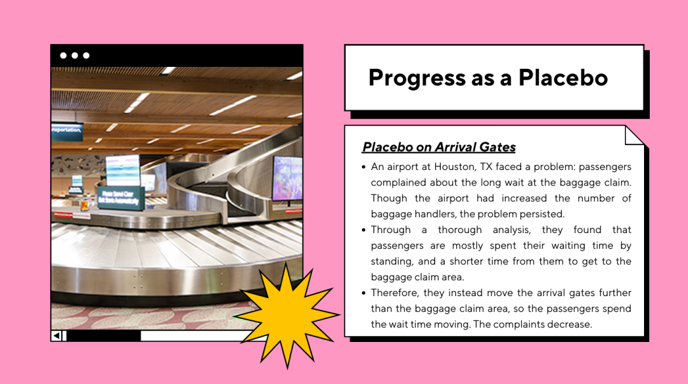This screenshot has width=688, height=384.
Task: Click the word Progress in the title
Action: pyautogui.click(x=417, y=78)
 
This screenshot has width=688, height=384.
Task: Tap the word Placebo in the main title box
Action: pyautogui.click(x=563, y=78)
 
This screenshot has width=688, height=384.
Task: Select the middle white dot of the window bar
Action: pyautogui.click(x=75, y=55)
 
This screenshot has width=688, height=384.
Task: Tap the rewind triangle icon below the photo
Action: pyautogui.click(x=56, y=336)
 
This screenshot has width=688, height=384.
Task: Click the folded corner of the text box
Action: pyautogui.click(x=634, y=136)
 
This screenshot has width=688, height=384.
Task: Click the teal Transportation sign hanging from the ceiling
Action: pyautogui.click(x=67, y=131)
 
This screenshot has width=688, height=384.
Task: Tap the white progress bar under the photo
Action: pyautogui.click(x=193, y=336)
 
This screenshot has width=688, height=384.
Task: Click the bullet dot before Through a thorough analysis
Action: pyautogui.click(x=363, y=230)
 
